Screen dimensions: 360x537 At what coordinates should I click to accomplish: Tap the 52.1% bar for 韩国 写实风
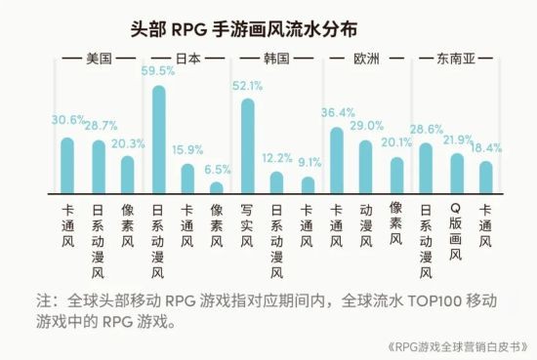pyautogui.click(x=247, y=145)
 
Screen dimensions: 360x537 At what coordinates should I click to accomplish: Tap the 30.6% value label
pyautogui.click(x=66, y=121)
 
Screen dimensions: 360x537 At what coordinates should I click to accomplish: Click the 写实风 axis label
pyautogui.click(x=247, y=226)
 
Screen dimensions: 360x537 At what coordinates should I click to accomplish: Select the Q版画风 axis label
pyautogui.click(x=455, y=233)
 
